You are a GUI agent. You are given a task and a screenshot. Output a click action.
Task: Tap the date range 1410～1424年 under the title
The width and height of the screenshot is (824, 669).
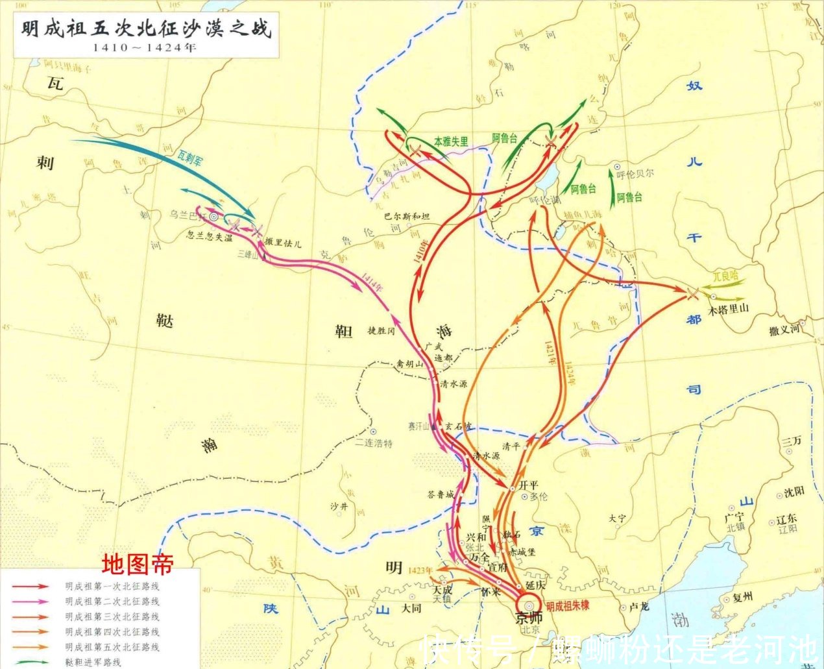coord(144,47)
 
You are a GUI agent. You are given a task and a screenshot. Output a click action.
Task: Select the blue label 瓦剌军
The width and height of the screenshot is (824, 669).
coord(190,158)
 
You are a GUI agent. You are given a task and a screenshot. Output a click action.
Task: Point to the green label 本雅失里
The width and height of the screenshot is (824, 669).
coord(451,141)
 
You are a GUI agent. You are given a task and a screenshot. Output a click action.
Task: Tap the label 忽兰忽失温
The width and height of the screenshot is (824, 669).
coord(209,237)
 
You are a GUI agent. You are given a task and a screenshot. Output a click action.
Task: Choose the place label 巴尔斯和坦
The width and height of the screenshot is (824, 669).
coord(406,216)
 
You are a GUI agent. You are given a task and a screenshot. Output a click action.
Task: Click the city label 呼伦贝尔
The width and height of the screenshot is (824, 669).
coord(635,173)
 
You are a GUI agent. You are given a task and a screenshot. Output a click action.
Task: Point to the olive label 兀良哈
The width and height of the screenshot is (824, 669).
coord(725,276)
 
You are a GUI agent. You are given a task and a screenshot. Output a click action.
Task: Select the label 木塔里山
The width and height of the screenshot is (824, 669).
coord(728,309)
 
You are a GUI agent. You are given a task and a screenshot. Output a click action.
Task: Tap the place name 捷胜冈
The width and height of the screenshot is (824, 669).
coord(381,330)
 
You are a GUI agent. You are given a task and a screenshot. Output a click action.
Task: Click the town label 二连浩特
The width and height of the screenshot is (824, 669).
coord(373,443)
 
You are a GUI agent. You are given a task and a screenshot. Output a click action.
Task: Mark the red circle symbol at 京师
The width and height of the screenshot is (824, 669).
coord(527,603)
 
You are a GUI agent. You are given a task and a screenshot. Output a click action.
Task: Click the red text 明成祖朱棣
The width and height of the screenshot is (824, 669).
coord(567,606)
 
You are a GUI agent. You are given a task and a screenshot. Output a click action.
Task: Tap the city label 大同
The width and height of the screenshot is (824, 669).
coord(411,608)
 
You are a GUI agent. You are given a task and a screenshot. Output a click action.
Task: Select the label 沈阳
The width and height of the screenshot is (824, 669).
coord(794,492)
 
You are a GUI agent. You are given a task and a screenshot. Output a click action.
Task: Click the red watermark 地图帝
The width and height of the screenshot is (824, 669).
coord(138,564)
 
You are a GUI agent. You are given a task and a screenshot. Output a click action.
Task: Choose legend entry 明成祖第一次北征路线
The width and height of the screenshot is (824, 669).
coord(112,586)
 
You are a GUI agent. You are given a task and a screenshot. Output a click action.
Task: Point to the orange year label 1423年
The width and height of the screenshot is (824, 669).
coord(421,570)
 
